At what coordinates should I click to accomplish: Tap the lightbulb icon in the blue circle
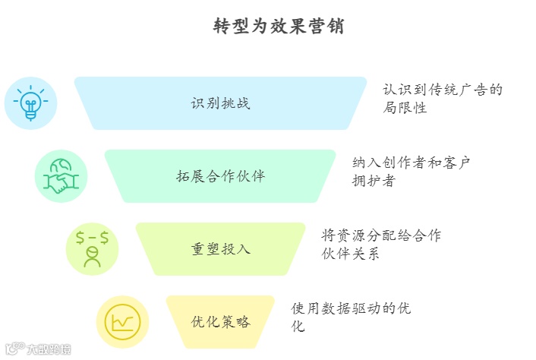(x=30, y=103)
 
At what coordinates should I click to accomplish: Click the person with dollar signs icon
(x=93, y=248)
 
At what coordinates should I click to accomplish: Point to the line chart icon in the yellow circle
(x=122, y=321)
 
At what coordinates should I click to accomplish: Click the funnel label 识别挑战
(x=220, y=103)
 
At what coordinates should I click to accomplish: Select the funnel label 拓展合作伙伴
(x=220, y=176)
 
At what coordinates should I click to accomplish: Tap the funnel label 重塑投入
(x=220, y=248)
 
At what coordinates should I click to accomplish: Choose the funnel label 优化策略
(x=220, y=321)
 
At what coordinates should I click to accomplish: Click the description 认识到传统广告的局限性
(x=443, y=99)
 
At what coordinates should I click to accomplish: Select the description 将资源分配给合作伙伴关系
(x=380, y=244)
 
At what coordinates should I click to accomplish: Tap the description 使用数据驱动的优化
(x=351, y=317)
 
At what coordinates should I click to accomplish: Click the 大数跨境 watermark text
(x=49, y=350)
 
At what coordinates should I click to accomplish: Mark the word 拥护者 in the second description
(x=374, y=181)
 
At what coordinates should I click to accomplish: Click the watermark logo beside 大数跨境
(x=14, y=350)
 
